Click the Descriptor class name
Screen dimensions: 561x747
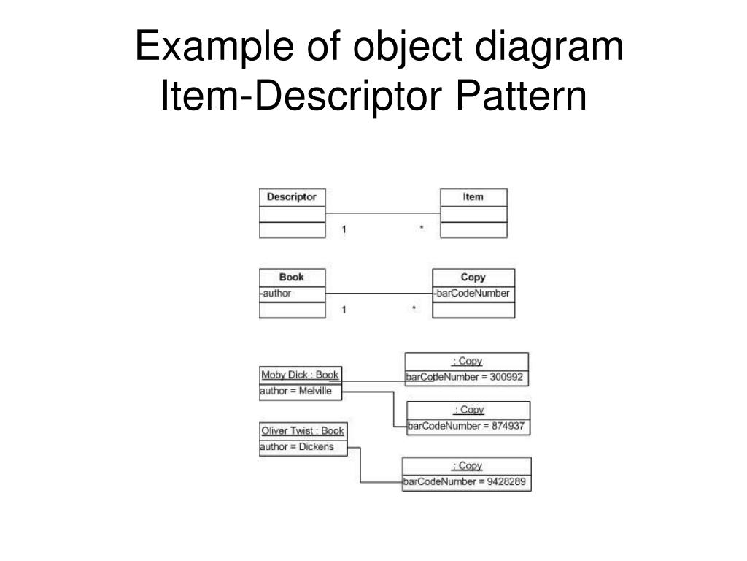click(x=292, y=197)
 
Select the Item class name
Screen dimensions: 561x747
click(x=473, y=197)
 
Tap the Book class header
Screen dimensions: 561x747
click(x=292, y=278)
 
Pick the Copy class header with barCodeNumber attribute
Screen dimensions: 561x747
click(x=473, y=278)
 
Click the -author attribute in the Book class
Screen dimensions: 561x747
click(x=276, y=294)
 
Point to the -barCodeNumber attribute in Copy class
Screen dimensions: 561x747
click(x=473, y=294)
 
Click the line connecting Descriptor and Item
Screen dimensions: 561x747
click(x=383, y=213)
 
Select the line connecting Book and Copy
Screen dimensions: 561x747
click(x=379, y=294)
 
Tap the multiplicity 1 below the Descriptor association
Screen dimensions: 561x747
click(x=344, y=229)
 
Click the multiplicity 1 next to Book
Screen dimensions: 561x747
click(x=344, y=310)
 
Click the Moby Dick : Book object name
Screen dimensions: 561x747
click(x=300, y=375)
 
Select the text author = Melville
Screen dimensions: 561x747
click(x=295, y=392)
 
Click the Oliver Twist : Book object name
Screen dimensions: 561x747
click(x=302, y=431)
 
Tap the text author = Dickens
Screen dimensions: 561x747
click(x=296, y=447)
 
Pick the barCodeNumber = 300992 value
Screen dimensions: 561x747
click(x=467, y=378)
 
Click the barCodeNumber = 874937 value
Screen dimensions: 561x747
click(x=467, y=427)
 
